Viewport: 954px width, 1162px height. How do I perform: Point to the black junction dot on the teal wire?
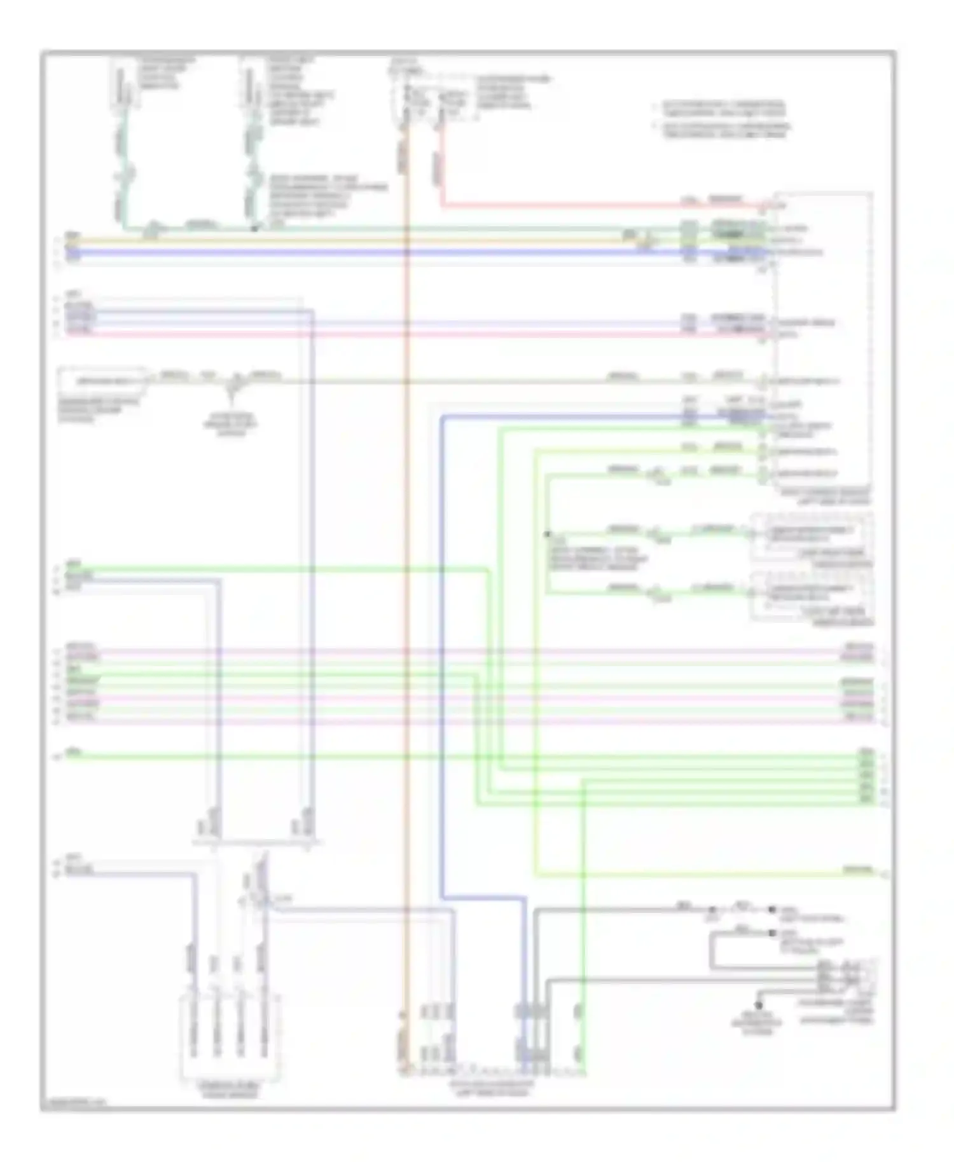(254, 228)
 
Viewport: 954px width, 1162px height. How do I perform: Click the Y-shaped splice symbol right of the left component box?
(232, 386)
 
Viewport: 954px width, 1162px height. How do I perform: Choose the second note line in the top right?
(725, 130)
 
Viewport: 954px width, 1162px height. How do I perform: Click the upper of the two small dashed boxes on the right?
(812, 537)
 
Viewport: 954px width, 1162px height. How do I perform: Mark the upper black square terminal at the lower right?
(772, 910)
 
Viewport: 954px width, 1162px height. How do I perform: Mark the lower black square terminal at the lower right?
(772, 933)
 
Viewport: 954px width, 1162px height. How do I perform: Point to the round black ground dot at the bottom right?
(758, 1006)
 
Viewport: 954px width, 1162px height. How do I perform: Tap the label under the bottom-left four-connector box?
(230, 1091)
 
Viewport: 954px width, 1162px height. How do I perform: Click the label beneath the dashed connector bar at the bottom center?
(491, 1088)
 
